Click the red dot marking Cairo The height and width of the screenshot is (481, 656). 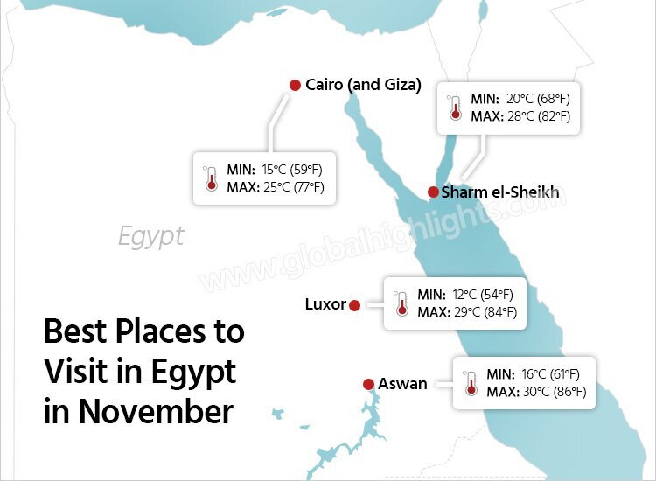pos(295,85)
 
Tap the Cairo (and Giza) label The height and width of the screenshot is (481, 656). pos(363,85)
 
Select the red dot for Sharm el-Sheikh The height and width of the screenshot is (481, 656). pos(432,192)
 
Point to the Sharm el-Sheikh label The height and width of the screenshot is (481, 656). pos(499,192)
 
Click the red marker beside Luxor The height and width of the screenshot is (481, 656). pos(354,305)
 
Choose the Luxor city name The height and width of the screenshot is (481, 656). pos(325,304)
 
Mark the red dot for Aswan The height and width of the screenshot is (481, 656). pos(369,384)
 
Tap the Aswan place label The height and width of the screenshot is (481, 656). pos(402,384)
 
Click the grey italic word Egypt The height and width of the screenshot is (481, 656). pos(151,236)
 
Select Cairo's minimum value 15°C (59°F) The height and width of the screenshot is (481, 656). pos(292,169)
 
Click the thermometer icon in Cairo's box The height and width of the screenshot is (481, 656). pos(210,178)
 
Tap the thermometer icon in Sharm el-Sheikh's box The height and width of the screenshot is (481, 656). pos(454,108)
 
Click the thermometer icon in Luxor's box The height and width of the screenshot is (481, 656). pos(401,303)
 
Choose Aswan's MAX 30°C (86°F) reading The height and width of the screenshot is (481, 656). pos(548,391)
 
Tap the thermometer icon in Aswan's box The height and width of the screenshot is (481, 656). pos(471,382)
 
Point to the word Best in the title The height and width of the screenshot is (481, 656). pos(77,333)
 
